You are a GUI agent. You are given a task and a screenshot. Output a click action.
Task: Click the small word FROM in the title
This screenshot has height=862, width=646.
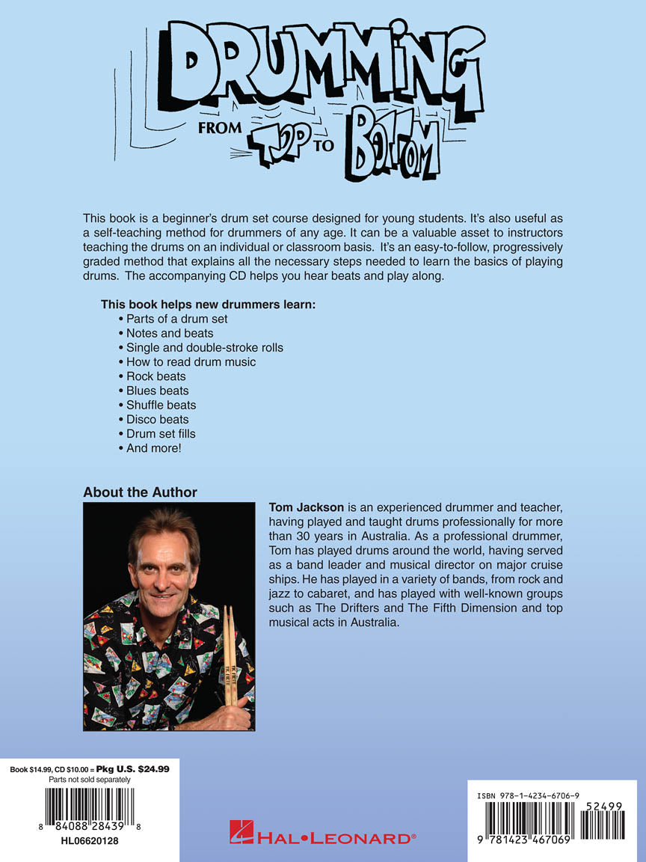point(220,127)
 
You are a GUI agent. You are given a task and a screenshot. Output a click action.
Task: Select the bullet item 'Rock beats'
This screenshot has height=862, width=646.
point(156,376)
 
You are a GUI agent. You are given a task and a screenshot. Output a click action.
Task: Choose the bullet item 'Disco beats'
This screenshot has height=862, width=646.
point(157,419)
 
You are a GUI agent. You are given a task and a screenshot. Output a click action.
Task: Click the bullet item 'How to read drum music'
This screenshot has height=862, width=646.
point(191,362)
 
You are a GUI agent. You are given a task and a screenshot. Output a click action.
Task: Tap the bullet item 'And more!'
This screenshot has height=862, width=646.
point(153,448)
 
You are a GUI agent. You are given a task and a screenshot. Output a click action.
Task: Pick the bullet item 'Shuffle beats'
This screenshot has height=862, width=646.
point(161,405)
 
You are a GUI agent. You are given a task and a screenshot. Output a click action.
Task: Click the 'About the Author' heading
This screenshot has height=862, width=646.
point(140,492)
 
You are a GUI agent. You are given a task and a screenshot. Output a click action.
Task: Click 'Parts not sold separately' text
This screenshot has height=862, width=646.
point(89,780)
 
